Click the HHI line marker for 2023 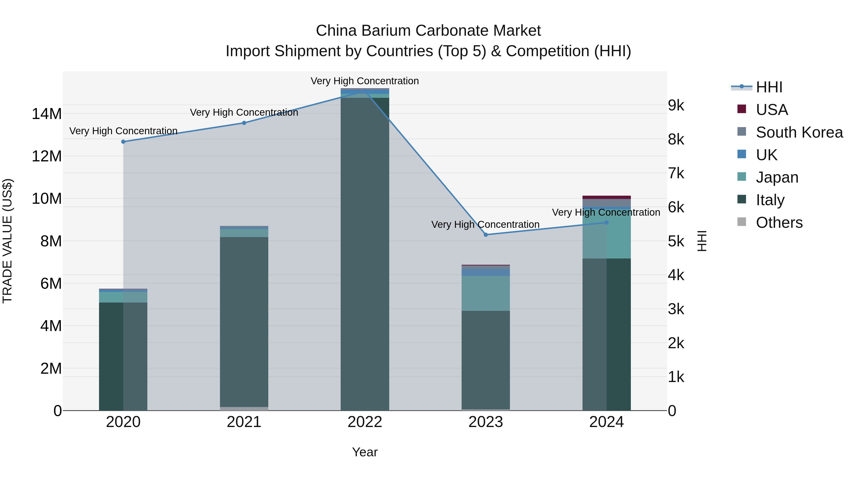click(485, 234)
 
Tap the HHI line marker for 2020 click(123, 142)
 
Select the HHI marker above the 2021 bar click(244, 123)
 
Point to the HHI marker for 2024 click(606, 223)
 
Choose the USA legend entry click(772, 110)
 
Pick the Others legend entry click(779, 223)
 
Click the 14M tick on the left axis click(47, 114)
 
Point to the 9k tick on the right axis click(676, 105)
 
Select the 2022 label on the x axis click(365, 422)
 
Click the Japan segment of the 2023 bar click(485, 293)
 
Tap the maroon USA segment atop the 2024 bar click(606, 197)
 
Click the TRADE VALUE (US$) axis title click(7, 241)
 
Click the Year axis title click(365, 452)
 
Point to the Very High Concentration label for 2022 click(365, 81)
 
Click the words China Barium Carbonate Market click(428, 31)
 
